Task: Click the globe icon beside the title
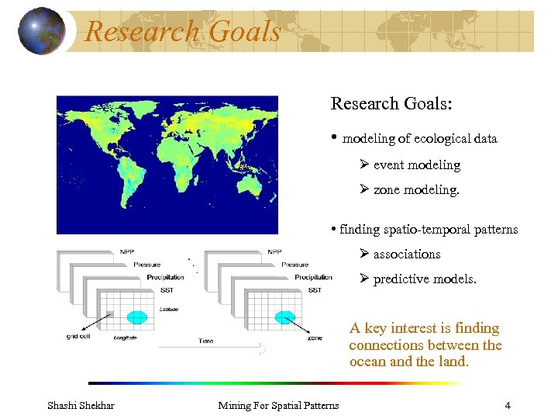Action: coord(41,30)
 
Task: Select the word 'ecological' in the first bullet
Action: coord(443,139)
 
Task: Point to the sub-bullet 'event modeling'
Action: coord(416,165)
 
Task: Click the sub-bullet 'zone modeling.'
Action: coord(416,190)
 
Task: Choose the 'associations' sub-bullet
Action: coord(406,255)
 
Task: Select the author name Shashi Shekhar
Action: coord(81,405)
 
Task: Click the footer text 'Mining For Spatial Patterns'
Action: coord(278,405)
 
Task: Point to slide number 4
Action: coord(507,405)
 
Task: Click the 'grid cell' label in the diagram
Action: coord(78,337)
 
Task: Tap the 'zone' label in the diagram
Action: coord(315,338)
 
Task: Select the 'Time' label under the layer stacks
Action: coord(205,341)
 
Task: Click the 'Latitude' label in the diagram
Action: coord(168,310)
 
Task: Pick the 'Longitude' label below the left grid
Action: coord(126,338)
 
